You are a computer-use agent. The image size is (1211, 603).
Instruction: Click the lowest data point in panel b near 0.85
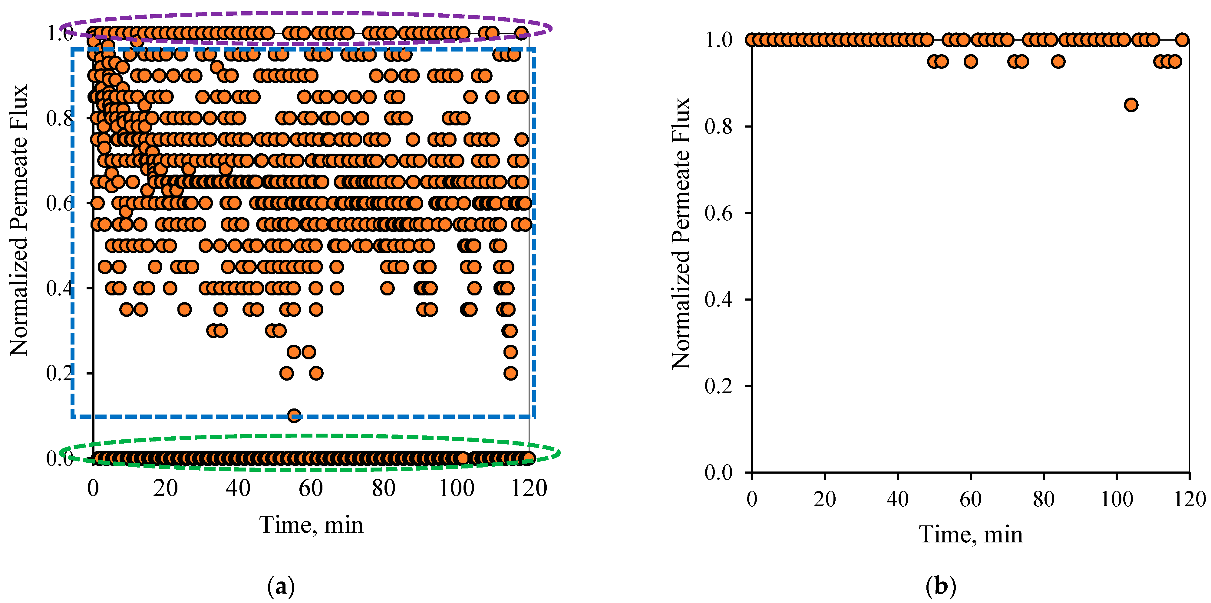1131,105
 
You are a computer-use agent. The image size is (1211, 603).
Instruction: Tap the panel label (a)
281,587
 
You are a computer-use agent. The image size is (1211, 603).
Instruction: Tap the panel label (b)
941,587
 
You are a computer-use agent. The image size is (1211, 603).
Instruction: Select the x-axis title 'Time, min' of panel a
311,525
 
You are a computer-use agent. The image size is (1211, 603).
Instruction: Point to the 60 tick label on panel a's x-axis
311,488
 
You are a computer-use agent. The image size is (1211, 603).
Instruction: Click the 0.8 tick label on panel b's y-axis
718,127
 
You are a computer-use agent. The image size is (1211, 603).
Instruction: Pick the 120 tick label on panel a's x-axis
529,488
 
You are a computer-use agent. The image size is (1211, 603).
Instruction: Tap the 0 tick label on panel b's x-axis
752,498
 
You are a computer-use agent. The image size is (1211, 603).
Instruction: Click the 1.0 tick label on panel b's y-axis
718,40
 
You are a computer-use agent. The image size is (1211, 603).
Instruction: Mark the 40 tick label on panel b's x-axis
897,498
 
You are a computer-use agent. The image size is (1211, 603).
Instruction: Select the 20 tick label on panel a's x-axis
166,488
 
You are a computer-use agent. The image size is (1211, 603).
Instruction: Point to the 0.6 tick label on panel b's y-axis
718,213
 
